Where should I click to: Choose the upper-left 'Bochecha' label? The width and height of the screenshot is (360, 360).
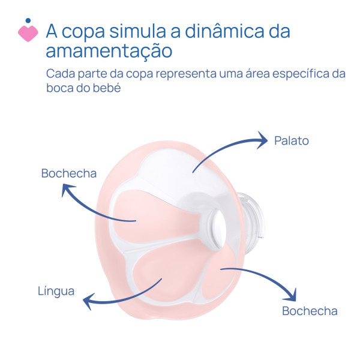69,173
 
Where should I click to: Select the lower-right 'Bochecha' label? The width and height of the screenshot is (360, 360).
310,311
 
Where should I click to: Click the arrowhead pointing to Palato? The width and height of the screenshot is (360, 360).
263,140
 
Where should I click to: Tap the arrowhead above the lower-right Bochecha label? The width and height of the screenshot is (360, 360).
292,296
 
